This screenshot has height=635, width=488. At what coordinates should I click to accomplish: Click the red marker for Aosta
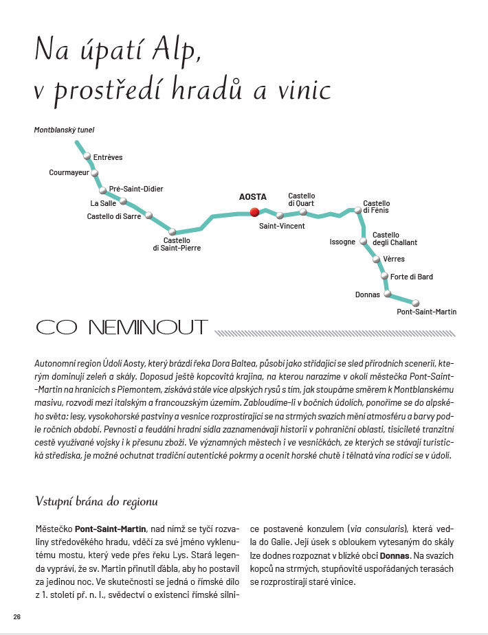tap(254, 212)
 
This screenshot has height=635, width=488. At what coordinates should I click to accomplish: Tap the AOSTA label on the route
tap(252, 197)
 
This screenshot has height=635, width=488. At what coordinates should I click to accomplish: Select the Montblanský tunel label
tap(64, 129)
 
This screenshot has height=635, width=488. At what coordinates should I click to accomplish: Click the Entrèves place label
tap(108, 157)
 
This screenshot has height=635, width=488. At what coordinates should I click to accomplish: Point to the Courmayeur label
tap(69, 173)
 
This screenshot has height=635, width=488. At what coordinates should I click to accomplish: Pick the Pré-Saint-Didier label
tap(137, 189)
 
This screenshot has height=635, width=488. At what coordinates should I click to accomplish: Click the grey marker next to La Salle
tap(124, 201)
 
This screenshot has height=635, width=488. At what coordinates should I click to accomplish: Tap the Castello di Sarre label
tap(114, 216)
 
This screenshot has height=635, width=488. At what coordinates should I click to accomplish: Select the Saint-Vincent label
tap(282, 226)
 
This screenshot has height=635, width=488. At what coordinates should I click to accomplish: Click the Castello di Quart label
tap(302, 199)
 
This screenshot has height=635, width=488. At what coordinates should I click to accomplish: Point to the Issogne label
tap(342, 242)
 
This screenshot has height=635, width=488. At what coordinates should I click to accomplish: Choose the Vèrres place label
tap(395, 259)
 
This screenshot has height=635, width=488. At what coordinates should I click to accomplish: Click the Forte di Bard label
tap(412, 277)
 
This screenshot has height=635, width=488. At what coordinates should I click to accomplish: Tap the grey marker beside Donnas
tap(388, 294)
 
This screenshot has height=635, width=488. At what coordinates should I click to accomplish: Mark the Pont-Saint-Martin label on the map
tap(427, 312)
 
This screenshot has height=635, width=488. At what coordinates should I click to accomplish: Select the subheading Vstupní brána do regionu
tap(97, 502)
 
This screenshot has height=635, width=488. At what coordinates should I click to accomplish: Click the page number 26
tap(17, 616)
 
